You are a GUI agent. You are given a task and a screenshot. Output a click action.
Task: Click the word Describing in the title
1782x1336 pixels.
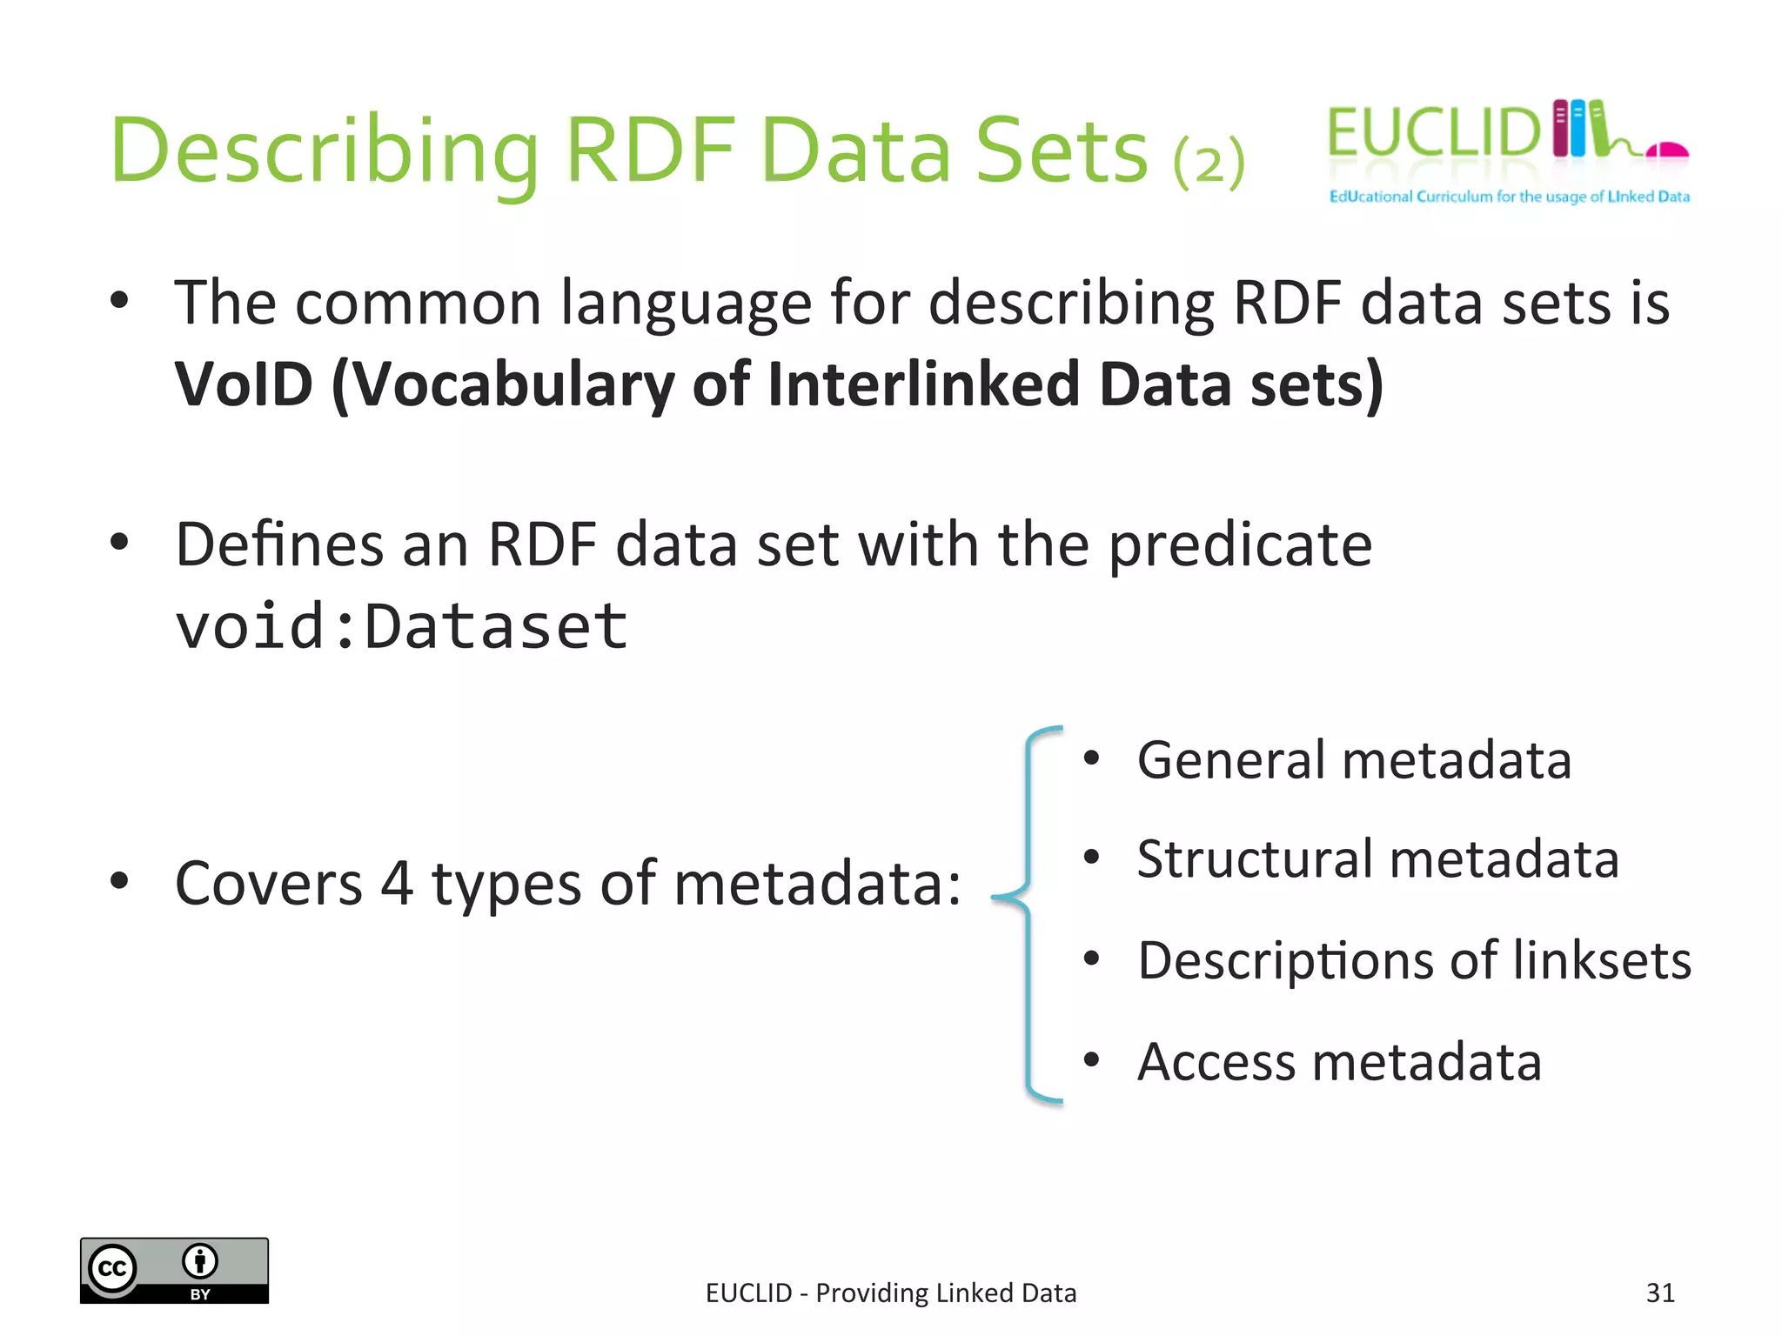(x=324, y=151)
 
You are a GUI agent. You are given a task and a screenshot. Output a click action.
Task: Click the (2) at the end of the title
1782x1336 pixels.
(x=1209, y=162)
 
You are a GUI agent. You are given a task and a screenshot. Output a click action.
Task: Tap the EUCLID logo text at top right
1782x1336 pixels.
(x=1433, y=133)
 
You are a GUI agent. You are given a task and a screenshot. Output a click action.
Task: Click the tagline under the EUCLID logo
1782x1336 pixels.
(x=1509, y=197)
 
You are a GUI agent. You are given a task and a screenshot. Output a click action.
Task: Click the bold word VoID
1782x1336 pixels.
(x=243, y=384)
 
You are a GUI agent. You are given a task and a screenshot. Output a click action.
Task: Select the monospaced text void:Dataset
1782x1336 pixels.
(x=400, y=626)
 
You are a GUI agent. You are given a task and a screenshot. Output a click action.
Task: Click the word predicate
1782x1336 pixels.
(x=1240, y=544)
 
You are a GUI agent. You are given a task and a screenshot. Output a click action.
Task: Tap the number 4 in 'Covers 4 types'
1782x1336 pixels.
(x=396, y=883)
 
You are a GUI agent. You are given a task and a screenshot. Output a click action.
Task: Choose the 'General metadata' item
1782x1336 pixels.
(x=1354, y=759)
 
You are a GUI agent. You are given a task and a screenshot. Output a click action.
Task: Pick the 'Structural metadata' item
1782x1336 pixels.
(x=1377, y=858)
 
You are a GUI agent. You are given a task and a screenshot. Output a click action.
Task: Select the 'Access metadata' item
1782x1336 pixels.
(x=1339, y=1061)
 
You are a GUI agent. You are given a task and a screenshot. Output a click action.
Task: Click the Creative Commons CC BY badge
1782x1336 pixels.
(x=174, y=1270)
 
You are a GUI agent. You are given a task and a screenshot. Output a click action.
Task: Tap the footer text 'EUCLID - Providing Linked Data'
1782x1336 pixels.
(x=890, y=1293)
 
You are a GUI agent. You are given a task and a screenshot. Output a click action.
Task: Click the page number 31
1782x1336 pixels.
(x=1659, y=1293)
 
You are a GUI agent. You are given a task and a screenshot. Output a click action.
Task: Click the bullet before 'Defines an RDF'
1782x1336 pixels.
(x=119, y=543)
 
